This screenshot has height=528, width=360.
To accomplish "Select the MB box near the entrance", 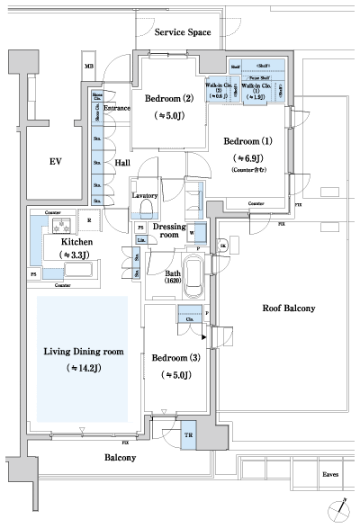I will point(89,67).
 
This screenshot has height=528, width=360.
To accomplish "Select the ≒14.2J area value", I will point(82,369).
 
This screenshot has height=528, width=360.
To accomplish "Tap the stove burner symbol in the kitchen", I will point(64,224).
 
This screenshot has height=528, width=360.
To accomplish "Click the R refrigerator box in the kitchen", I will point(89,219).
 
